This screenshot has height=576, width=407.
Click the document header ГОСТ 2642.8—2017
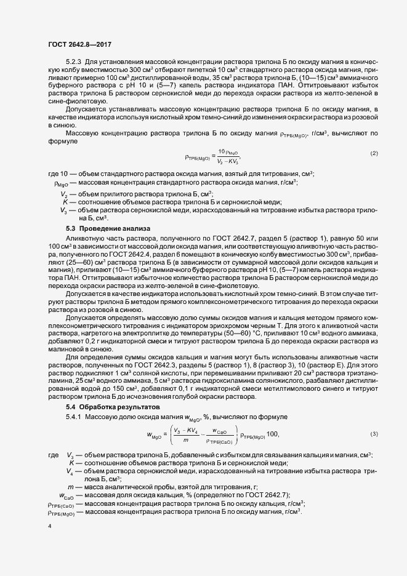tap(80, 44)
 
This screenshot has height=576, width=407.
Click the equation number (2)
tap(374, 153)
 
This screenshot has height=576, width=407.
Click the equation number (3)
tap(374, 434)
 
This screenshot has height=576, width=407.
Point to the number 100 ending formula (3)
tap(273, 435)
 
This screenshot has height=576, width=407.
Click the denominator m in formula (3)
tap(183, 441)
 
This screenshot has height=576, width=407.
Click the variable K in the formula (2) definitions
tap(65, 202)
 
